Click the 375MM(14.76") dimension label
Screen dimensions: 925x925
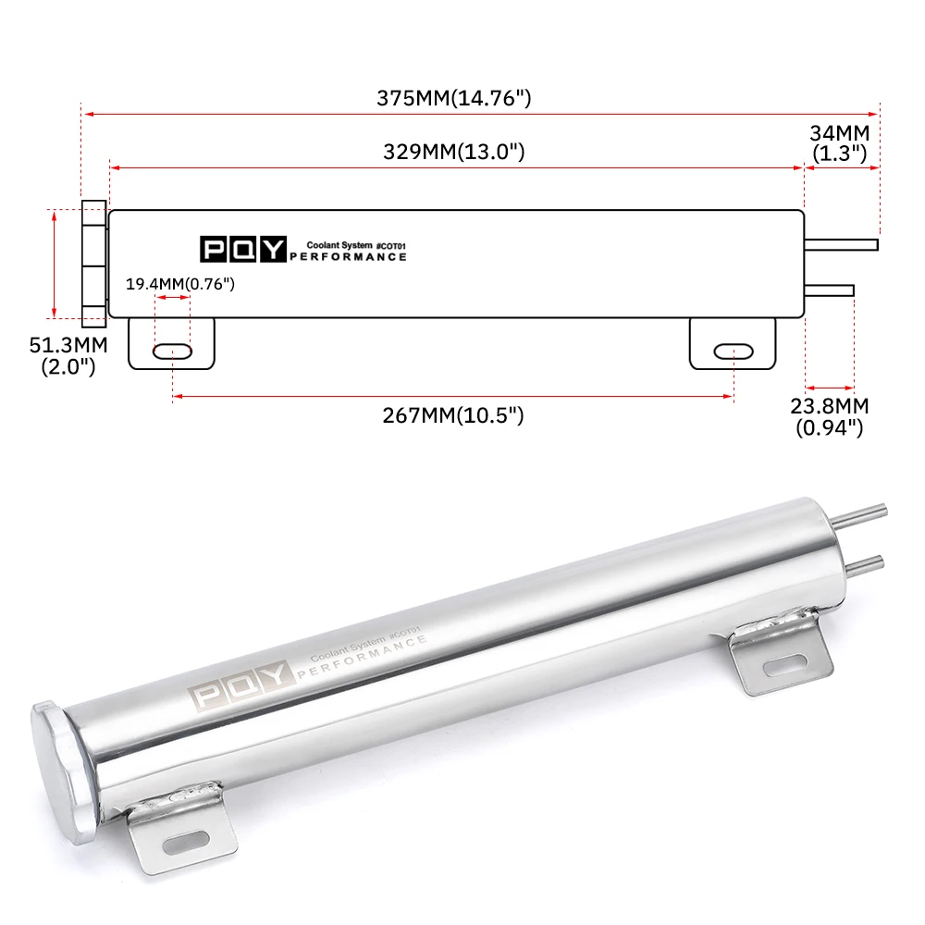(x=453, y=97)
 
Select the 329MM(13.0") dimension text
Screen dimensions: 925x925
(x=453, y=152)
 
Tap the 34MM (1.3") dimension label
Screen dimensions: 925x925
(x=840, y=142)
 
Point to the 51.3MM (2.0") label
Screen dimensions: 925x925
(x=68, y=355)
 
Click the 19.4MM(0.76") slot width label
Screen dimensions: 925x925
(x=180, y=284)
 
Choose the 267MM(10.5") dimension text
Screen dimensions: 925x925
(x=453, y=415)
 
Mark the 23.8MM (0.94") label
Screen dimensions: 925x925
(x=830, y=416)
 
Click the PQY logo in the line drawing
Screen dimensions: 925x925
(x=243, y=249)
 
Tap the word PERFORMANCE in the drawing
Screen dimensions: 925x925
(x=348, y=257)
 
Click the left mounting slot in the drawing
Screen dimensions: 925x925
(x=172, y=351)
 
